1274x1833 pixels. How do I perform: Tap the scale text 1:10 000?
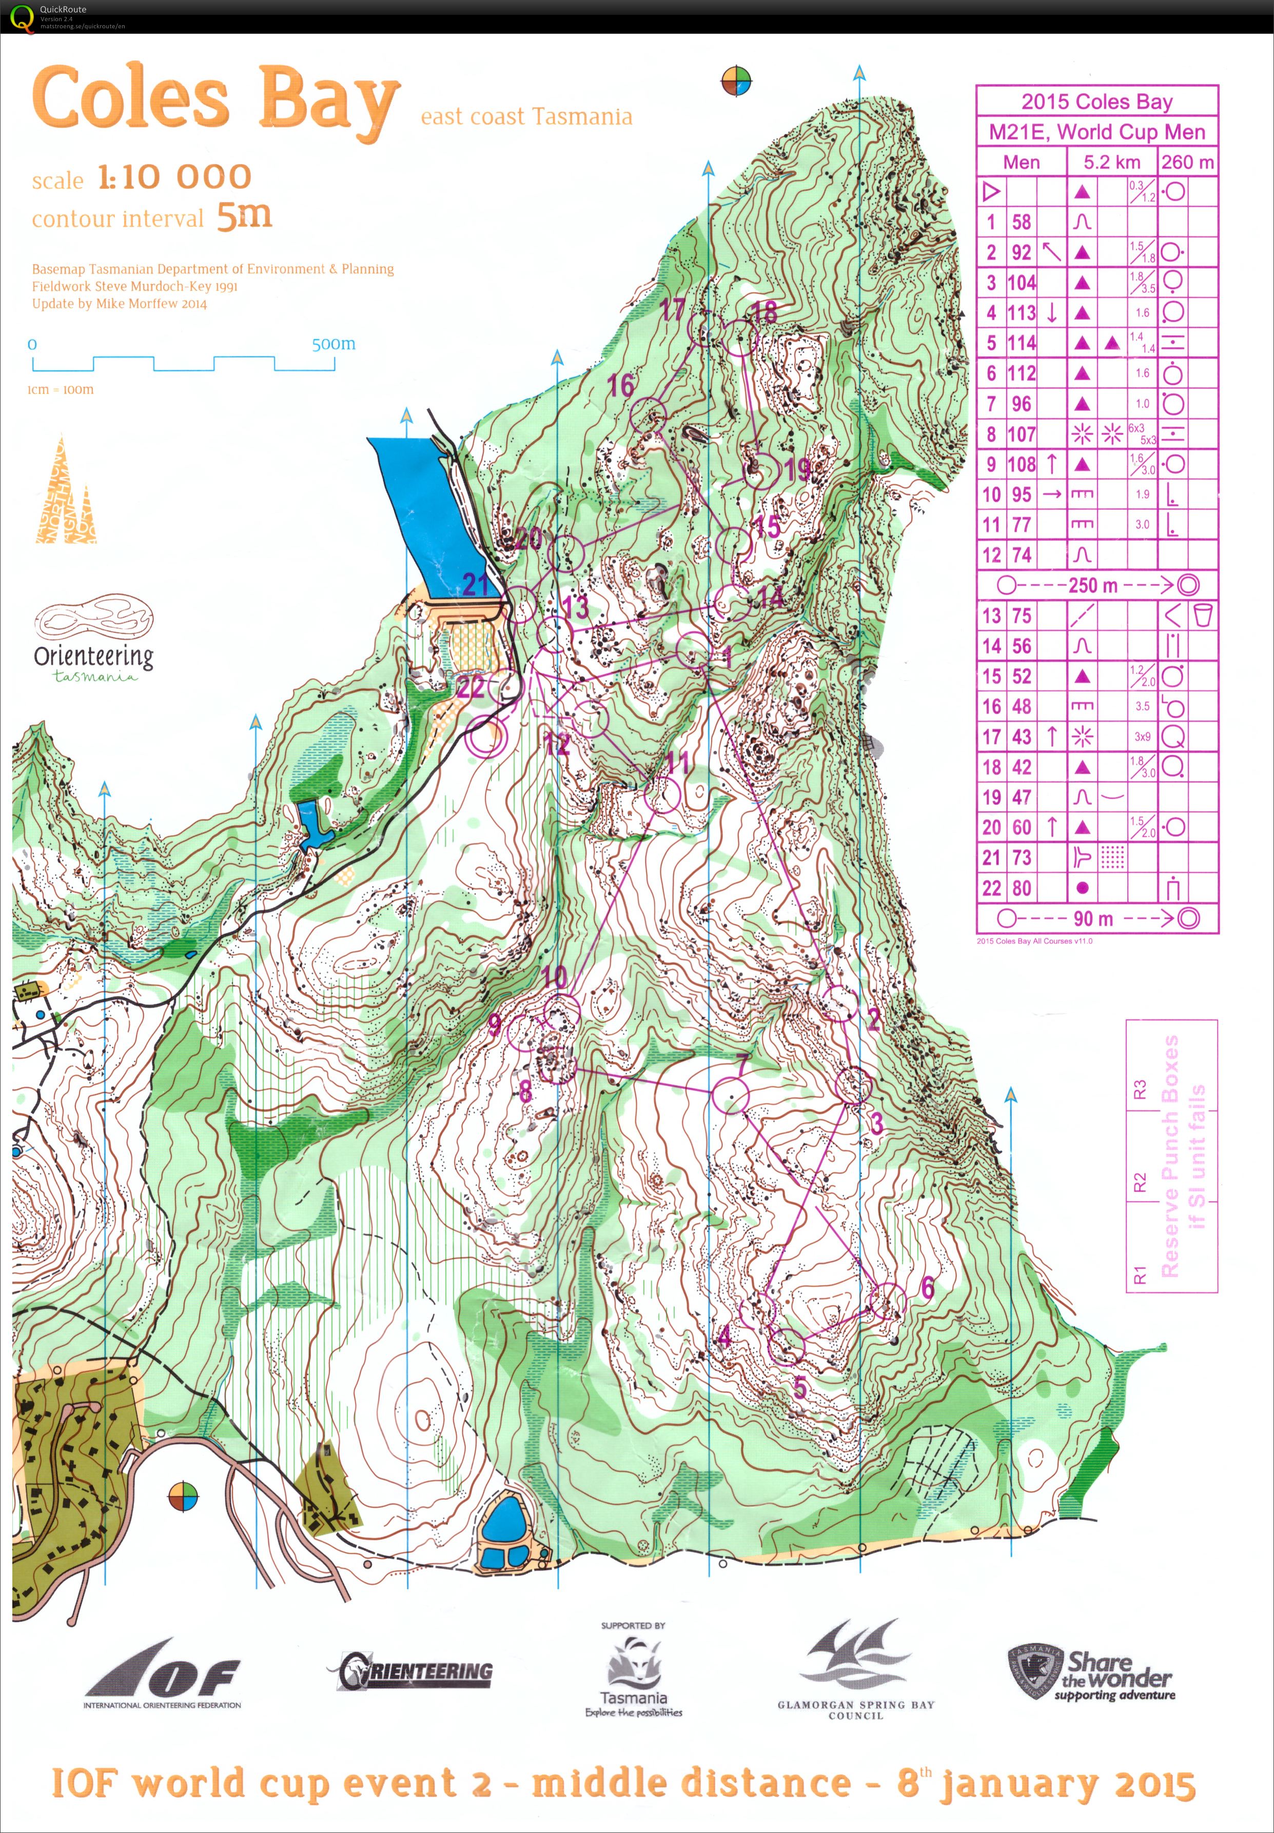click(x=174, y=177)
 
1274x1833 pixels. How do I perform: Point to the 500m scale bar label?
click(x=334, y=344)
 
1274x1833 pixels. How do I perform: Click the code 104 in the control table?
click(x=1022, y=283)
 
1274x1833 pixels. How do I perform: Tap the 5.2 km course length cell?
click(x=1112, y=162)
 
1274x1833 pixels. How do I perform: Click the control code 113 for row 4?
click(x=1022, y=313)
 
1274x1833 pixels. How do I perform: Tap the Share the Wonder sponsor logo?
click(x=1092, y=1676)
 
